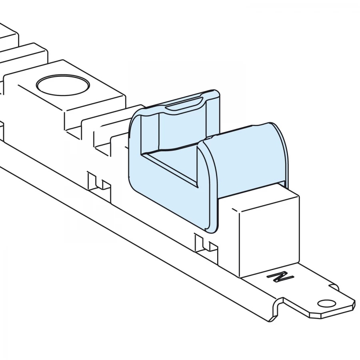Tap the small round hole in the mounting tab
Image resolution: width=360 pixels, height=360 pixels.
(x=326, y=304)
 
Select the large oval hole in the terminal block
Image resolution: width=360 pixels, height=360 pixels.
(x=63, y=85)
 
